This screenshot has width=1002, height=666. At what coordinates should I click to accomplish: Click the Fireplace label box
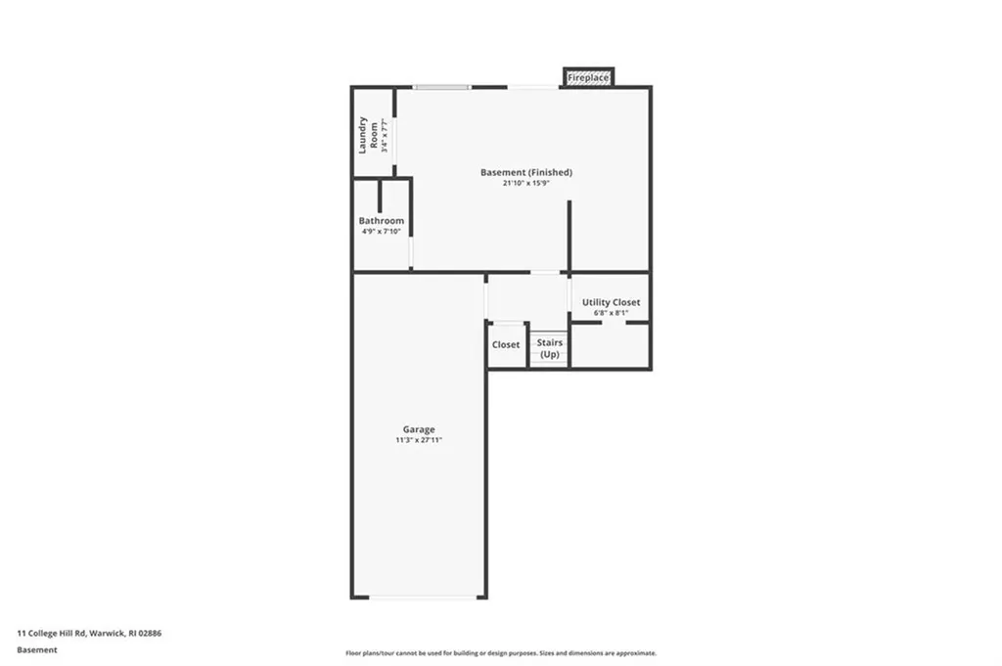[588, 77]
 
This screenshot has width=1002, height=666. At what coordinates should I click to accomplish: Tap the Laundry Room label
[367, 135]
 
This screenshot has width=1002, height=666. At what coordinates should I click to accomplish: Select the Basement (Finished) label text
[525, 173]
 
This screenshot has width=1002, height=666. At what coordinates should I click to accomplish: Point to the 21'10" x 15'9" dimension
[525, 184]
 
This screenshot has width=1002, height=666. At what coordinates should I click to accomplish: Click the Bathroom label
[381, 221]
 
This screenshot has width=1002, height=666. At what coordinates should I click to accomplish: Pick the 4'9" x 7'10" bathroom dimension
[381, 232]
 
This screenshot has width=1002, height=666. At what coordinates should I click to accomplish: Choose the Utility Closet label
[611, 303]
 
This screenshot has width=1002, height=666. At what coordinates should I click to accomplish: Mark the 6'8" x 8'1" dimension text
[611, 313]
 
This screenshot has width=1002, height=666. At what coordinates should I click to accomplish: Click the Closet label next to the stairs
[506, 345]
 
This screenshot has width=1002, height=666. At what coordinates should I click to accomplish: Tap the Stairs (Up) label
[550, 348]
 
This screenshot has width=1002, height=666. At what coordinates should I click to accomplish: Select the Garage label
[419, 429]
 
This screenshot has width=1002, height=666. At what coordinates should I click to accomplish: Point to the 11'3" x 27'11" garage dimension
[419, 440]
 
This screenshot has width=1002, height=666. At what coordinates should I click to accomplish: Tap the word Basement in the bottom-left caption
[37, 649]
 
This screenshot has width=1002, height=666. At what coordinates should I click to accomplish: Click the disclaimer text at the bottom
[500, 653]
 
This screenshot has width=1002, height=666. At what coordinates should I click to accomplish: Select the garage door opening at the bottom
[419, 597]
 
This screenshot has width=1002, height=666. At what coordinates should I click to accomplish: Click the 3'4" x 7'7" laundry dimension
[385, 135]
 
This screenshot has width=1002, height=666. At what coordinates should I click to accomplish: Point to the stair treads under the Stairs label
[550, 363]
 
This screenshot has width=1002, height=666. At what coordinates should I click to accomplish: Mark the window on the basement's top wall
[441, 87]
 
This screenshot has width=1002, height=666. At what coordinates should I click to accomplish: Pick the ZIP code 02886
[150, 634]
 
